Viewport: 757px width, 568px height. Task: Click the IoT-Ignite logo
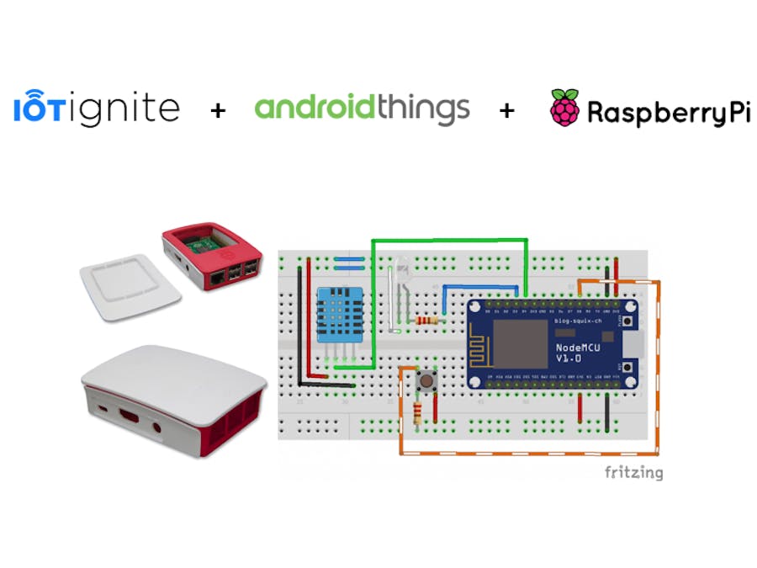[97, 109]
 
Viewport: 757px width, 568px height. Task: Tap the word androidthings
[362, 109]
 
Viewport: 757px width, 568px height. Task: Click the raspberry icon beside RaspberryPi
[564, 108]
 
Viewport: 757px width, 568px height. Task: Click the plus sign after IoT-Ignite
[217, 109]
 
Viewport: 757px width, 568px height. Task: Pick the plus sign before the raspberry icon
[506, 109]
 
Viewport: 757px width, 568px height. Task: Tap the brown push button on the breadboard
[426, 380]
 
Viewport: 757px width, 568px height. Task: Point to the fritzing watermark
[633, 472]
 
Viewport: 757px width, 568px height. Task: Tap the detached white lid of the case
[130, 290]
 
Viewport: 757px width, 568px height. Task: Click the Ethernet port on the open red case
[221, 274]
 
